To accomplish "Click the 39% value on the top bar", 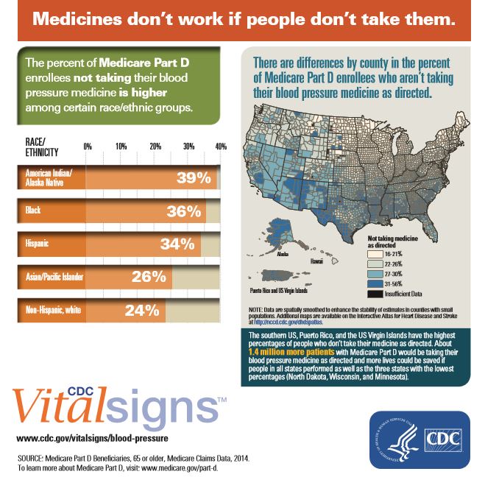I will point(194,178).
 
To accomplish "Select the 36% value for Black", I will point(184,211).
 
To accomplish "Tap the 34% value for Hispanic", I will point(178,244).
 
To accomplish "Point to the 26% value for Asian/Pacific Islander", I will point(150,277).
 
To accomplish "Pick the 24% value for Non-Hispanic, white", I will point(143,310).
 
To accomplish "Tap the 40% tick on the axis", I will point(220,146).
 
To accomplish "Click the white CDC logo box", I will point(445,440).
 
